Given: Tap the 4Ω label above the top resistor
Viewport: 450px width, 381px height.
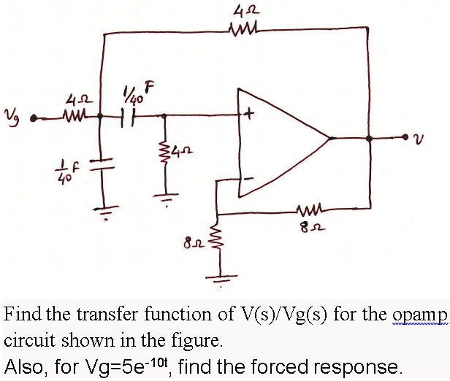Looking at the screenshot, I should pyautogui.click(x=241, y=11).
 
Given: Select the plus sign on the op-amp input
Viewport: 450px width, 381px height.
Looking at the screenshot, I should pyautogui.click(x=250, y=115).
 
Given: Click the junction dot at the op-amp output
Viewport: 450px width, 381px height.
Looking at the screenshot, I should pyautogui.click(x=369, y=137).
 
